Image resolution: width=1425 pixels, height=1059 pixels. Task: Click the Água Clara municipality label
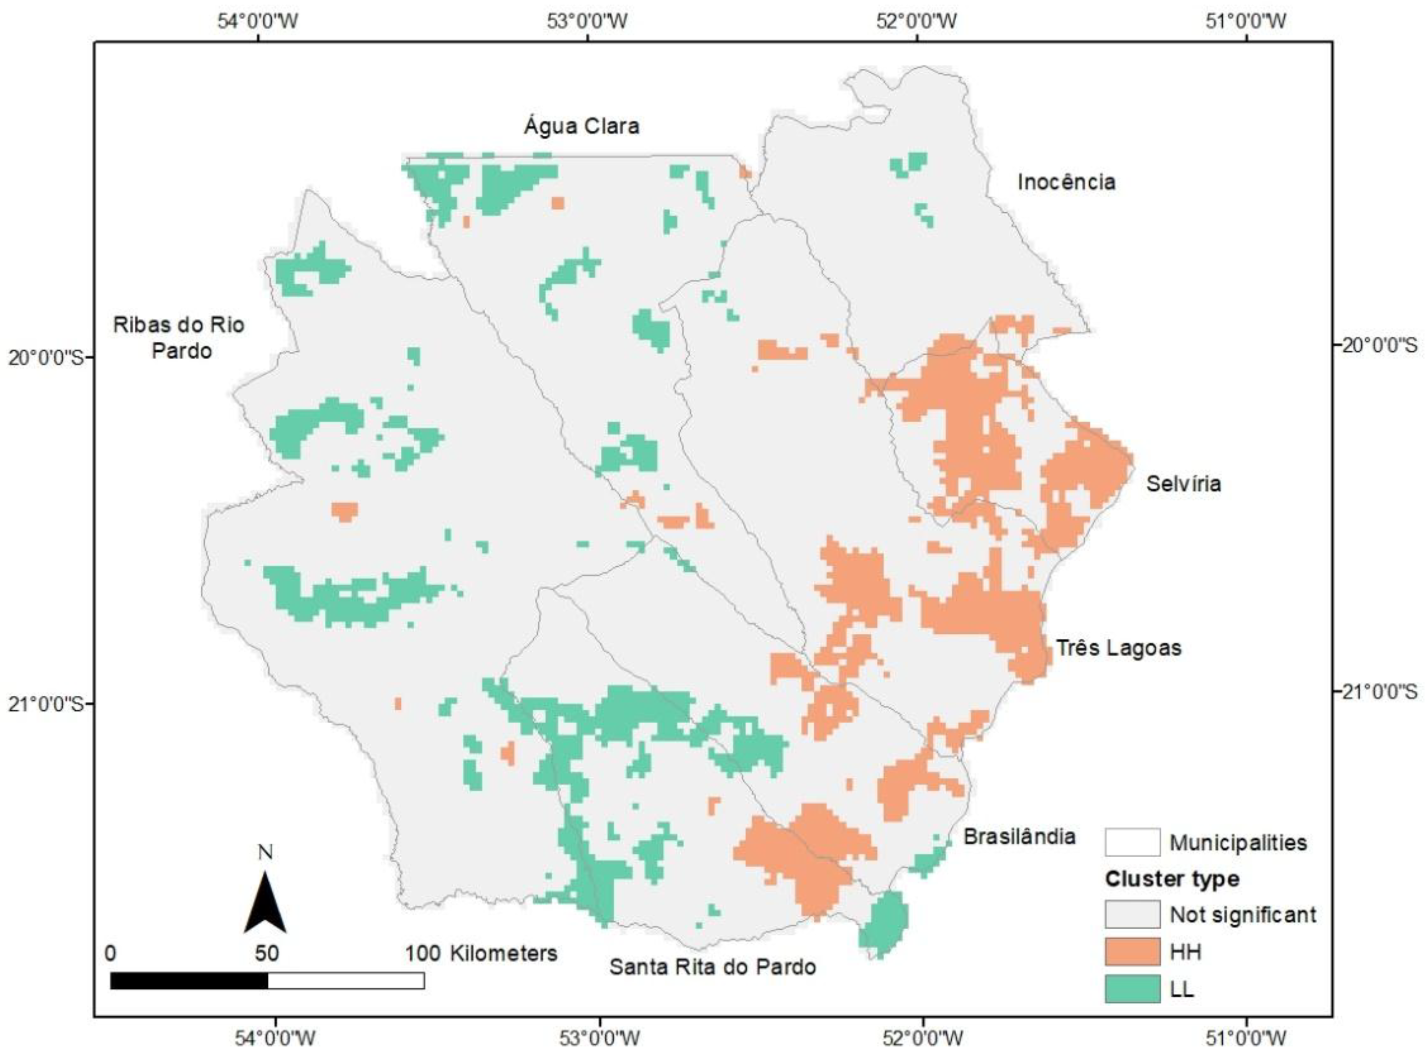582,126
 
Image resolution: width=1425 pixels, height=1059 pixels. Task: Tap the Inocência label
1066,182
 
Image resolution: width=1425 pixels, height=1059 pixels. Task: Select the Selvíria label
1183,483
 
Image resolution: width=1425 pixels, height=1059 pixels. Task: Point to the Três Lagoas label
1119,648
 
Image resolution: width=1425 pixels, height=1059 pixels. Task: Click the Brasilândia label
1019,837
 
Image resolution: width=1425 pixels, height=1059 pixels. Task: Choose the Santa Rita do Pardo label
712,967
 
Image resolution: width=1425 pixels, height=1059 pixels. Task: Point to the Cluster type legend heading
1172,879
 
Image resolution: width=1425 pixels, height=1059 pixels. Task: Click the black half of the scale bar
189,981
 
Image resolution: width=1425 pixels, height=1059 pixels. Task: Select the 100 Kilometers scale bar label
481,953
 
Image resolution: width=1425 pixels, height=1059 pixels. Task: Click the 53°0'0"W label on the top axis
587,21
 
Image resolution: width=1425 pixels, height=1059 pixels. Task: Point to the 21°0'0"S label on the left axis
47,704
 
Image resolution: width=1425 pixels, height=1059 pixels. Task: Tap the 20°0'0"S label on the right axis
1379,345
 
